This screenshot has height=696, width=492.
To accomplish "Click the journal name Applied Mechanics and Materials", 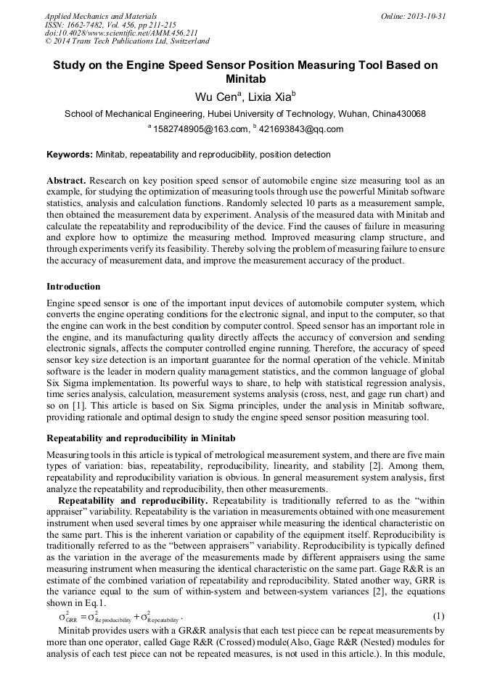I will (100, 16).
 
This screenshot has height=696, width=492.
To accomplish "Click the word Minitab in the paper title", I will (245, 79).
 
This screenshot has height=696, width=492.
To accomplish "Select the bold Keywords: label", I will (70, 155).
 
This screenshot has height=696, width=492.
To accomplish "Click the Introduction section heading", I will (73, 287).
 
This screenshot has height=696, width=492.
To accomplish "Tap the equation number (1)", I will (438, 616).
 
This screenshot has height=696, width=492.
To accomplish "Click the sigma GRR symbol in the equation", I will (67, 618).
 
